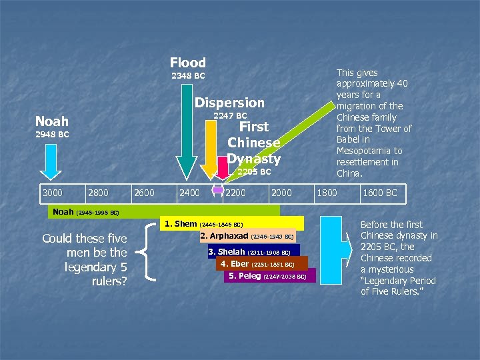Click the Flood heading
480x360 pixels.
[x=188, y=63]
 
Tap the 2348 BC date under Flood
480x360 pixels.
[x=188, y=76]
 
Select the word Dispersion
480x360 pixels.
[x=229, y=103]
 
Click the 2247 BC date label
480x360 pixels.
[x=230, y=116]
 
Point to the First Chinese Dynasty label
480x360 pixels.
[x=253, y=143]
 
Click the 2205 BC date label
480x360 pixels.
[x=254, y=172]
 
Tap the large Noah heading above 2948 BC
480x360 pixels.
[x=52, y=121]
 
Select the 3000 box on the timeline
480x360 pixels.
[x=53, y=193]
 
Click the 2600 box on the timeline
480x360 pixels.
[x=145, y=193]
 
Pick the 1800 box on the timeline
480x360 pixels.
[x=327, y=193]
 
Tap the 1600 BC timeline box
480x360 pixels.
[x=379, y=193]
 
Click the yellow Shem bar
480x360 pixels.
[x=233, y=224]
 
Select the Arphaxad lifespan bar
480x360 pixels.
[x=247, y=237]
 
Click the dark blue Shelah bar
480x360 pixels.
[x=253, y=251]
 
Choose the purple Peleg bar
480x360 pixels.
[x=269, y=275]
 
